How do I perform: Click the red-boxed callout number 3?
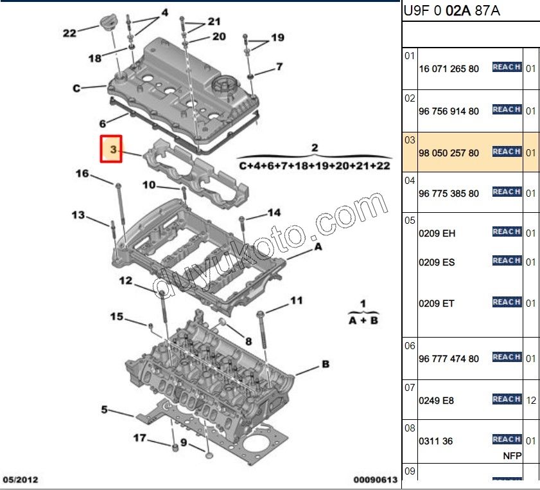112,150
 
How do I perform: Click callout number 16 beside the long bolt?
83,174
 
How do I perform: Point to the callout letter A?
317,246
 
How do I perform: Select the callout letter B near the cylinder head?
326,365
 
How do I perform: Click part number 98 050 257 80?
448,153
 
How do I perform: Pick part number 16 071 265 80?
448,68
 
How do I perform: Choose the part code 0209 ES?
437,262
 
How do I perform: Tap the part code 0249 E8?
436,401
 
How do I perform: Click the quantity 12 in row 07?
531,400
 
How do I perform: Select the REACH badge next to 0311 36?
506,439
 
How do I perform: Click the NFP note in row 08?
511,456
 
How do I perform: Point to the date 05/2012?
22,480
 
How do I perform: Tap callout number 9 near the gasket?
183,442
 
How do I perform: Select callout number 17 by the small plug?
139,438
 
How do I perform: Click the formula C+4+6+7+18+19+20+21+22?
315,165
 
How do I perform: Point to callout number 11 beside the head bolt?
296,300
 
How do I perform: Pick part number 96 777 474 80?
448,359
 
